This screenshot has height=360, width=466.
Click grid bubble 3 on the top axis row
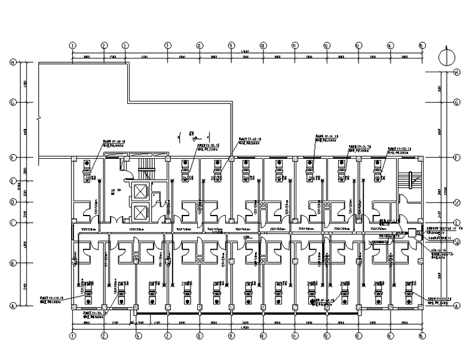click(125, 45)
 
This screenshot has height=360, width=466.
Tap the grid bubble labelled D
click(12, 202)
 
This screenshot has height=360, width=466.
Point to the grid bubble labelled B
click(12, 262)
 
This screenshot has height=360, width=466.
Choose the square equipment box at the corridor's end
click(412, 232)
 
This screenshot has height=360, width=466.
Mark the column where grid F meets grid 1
click(72, 158)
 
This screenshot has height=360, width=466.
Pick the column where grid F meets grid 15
click(422, 158)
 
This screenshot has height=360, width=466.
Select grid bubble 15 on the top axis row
click(422, 45)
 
